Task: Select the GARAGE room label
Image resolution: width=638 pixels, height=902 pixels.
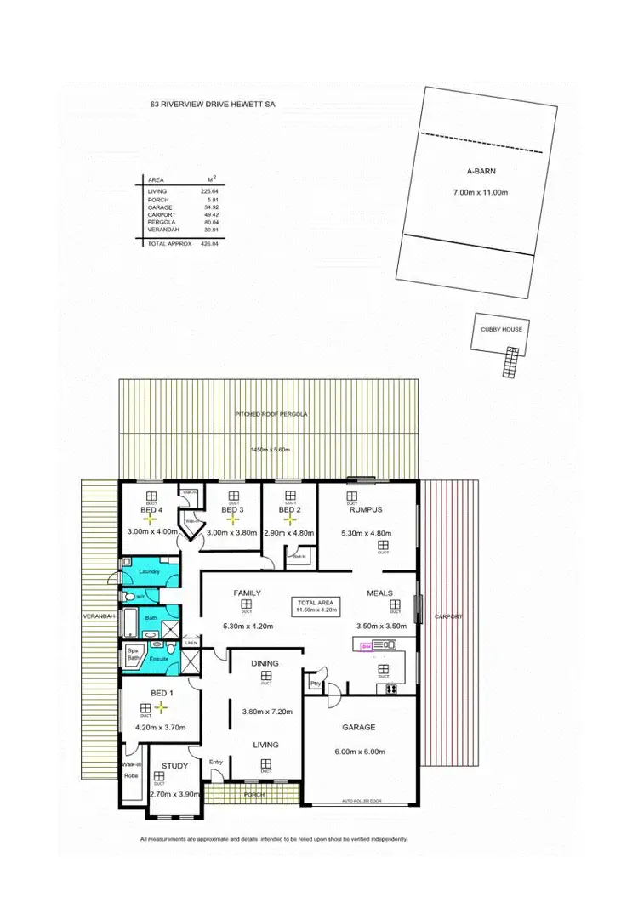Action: [x=359, y=728]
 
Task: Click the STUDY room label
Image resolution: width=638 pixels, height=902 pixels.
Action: [x=175, y=766]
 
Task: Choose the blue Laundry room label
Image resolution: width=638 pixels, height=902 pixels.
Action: [x=150, y=571]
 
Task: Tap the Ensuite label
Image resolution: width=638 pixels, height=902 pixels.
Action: [x=159, y=659]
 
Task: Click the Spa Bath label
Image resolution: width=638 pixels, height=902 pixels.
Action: [x=133, y=654]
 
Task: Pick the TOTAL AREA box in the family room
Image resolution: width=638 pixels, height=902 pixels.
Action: [x=316, y=604]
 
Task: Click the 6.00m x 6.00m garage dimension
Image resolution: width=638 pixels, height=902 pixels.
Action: [x=361, y=752]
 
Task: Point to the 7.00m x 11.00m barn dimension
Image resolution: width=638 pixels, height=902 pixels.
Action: [x=481, y=193]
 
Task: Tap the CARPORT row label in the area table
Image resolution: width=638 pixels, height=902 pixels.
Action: [x=159, y=215]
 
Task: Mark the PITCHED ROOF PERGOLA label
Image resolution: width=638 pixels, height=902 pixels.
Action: [x=271, y=414]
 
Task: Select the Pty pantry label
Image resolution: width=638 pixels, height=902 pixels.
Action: [x=316, y=682]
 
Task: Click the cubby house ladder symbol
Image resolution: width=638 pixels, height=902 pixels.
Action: [x=512, y=361]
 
